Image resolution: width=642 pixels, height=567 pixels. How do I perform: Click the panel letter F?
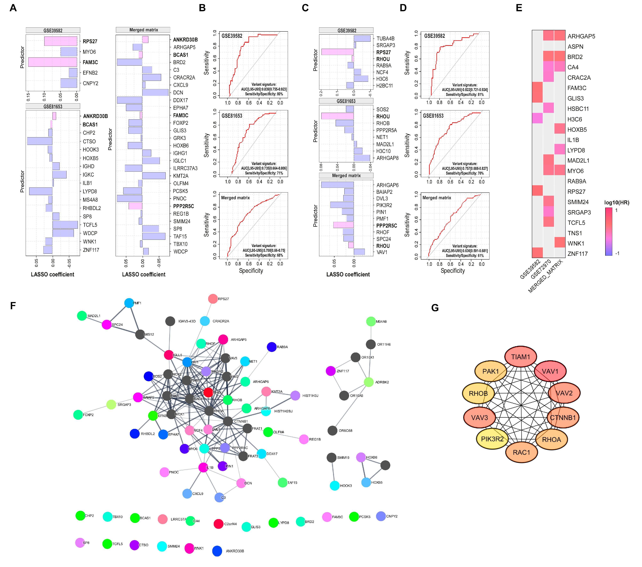pos(13,306)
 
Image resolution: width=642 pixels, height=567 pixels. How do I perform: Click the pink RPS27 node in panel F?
pos(213,299)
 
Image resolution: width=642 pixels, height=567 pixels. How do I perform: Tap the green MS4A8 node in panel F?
pos(371,321)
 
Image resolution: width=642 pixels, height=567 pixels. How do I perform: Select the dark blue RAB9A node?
pos(272,347)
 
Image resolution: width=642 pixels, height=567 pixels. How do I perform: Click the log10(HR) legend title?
pos(617,202)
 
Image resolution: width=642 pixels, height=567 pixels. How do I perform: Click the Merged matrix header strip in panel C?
pos(346,175)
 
